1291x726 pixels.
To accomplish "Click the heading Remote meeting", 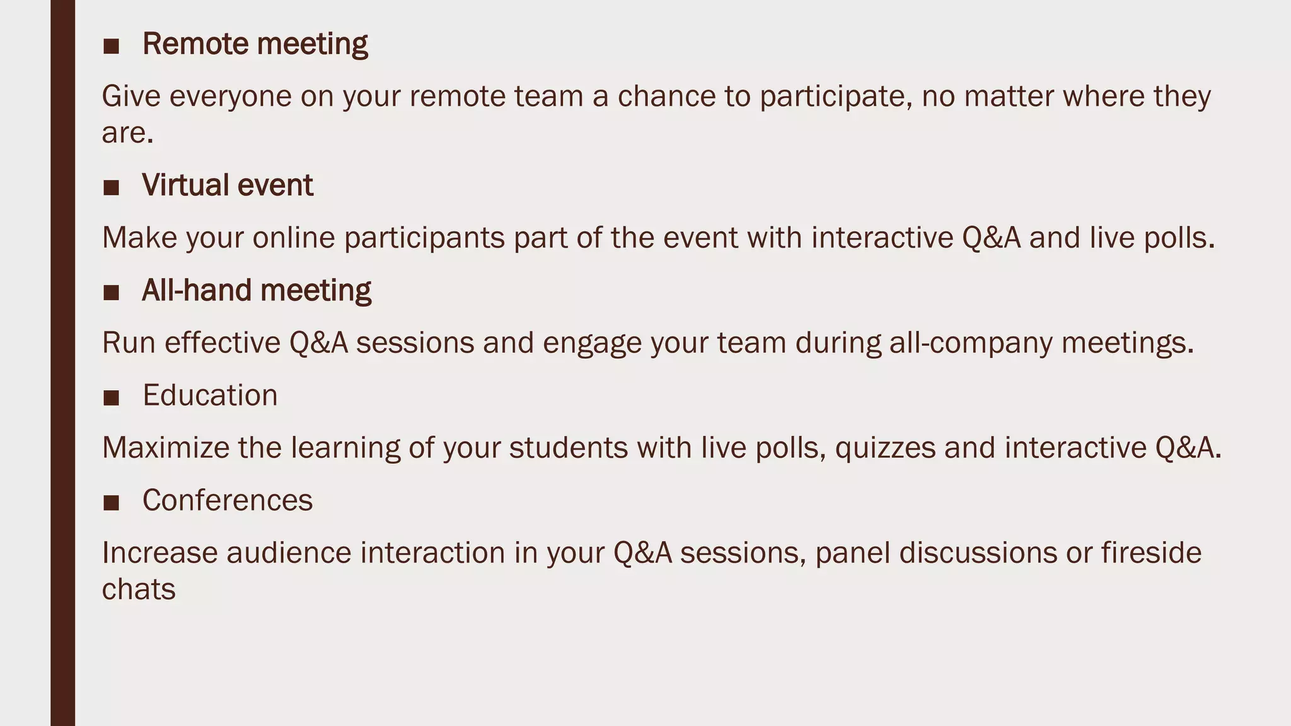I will pos(255,45).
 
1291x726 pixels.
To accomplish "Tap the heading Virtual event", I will pos(228,186).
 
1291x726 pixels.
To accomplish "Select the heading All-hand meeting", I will pos(257,291).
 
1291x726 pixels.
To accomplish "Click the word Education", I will pos(210,396).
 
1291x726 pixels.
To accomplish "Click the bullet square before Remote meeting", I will pos(111,46).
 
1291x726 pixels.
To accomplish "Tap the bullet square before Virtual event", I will pos(111,187).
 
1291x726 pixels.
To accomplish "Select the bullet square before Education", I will pos(111,398).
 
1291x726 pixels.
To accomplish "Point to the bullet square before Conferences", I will pos(111,502).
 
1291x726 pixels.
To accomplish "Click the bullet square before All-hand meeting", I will pos(111,292).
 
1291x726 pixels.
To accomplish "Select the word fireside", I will pos(1151,553).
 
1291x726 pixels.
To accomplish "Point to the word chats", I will pos(139,590).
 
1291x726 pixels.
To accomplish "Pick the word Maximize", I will pos(166,449).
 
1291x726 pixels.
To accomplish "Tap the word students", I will pos(568,449).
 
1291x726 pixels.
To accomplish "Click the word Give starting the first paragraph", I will pos(130,97).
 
